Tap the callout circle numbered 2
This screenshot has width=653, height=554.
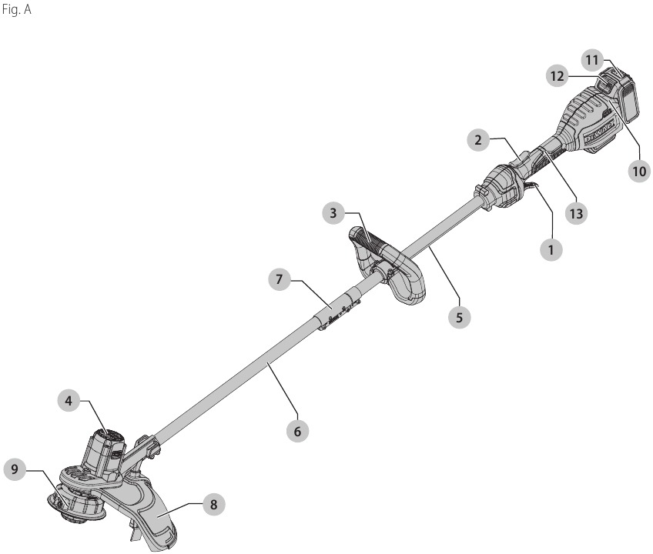(478, 140)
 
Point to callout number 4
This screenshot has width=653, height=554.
(69, 401)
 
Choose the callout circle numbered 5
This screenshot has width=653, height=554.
(460, 316)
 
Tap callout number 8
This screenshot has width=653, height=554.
(214, 506)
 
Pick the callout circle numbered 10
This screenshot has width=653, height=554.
(638, 170)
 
